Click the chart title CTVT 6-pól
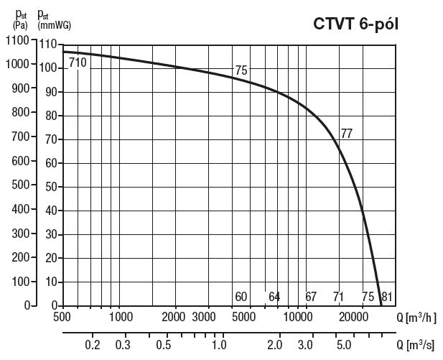(x=355, y=24)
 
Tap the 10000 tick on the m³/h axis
(x=298, y=317)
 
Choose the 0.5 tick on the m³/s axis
(x=164, y=345)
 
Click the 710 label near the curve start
(x=78, y=63)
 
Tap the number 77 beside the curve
(x=346, y=133)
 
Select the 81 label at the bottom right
(x=387, y=297)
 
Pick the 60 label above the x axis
(x=241, y=297)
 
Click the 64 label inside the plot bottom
(x=274, y=297)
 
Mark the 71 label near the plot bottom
(x=340, y=297)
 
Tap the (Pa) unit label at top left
(x=19, y=26)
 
